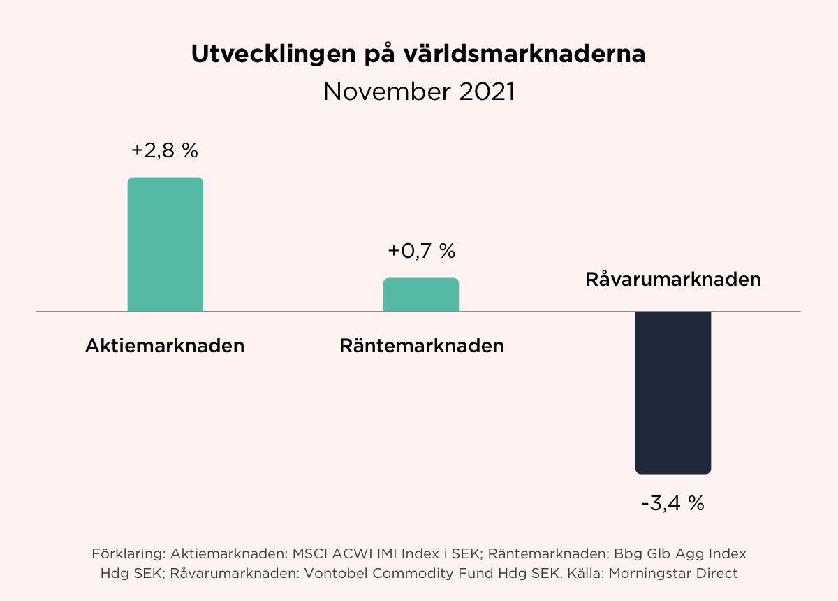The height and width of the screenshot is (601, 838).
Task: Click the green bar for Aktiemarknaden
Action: [165, 244]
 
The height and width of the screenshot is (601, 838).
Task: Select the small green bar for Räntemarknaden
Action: [421, 294]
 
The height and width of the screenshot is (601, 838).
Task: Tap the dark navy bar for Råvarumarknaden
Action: [672, 392]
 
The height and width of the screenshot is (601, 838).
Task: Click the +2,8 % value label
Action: [165, 150]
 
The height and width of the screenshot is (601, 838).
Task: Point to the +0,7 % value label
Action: [421, 251]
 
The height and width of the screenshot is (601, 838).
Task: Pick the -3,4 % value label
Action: [672, 503]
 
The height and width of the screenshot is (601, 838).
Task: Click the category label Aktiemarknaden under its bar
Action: [165, 346]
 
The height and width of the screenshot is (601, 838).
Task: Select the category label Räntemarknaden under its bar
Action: [421, 346]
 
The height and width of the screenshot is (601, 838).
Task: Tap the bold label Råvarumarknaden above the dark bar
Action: [672, 280]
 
